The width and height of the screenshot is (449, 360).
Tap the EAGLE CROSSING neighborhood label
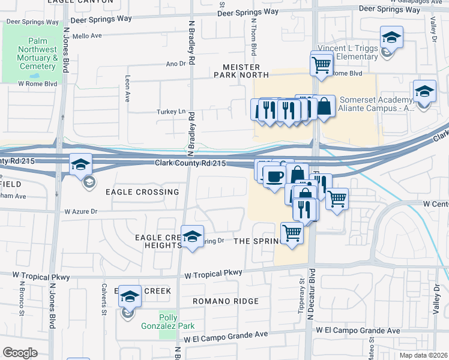[142, 192]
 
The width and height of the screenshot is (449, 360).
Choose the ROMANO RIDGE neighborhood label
[226, 301]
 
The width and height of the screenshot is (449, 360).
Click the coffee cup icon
[274, 176]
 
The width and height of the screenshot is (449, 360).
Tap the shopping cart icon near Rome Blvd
[322, 63]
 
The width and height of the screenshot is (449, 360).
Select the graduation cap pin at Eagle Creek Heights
[192, 237]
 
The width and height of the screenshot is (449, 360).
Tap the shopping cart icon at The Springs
[292, 233]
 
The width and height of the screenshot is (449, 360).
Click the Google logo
[20, 353]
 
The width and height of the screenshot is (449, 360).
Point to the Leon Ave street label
[127, 87]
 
